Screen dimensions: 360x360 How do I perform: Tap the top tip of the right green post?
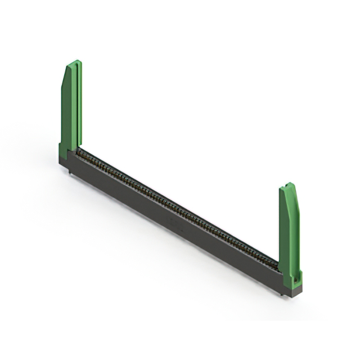pos(289,184)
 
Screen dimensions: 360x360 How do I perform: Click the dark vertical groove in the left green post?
pos(75,107)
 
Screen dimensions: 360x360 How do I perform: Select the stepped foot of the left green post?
pos(63,148)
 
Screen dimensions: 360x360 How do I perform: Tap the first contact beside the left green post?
pos(80,152)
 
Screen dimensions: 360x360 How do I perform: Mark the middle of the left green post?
pos(71,107)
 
